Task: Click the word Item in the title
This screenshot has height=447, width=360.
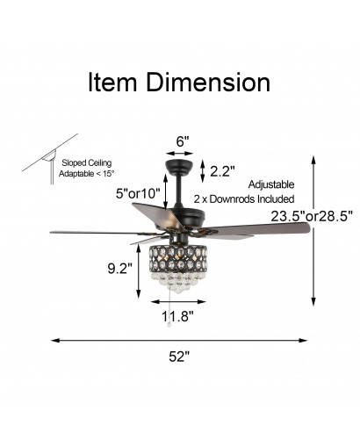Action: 112,83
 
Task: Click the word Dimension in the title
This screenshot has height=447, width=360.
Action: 208,83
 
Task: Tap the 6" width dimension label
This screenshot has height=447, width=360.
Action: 182,141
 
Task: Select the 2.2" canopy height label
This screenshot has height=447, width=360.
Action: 222,171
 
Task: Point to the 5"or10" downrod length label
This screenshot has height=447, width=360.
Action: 138,193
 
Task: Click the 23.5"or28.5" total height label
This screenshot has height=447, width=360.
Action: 312,216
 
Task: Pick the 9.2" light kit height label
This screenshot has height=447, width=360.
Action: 120,269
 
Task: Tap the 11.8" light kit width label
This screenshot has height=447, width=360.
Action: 178,316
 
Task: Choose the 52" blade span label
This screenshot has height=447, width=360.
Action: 179,357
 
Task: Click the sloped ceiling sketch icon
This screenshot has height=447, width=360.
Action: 50,159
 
